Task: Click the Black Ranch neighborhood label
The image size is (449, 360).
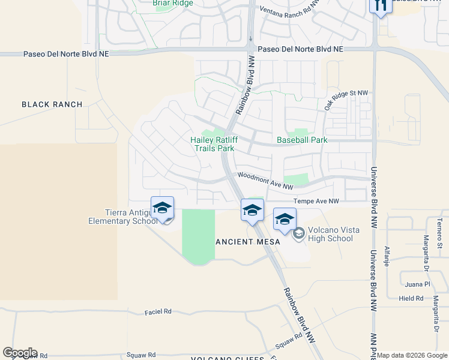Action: [x=52, y=104]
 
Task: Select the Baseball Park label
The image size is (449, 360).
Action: [x=302, y=140]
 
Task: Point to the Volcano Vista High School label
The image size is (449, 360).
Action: [x=330, y=234]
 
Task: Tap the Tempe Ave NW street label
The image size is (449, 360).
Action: [x=316, y=202]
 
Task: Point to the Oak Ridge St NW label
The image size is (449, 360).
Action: [x=346, y=100]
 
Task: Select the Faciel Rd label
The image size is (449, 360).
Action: [x=158, y=312]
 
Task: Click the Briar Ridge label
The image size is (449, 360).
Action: [x=173, y=3]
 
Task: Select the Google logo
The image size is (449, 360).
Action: [x=20, y=353]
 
